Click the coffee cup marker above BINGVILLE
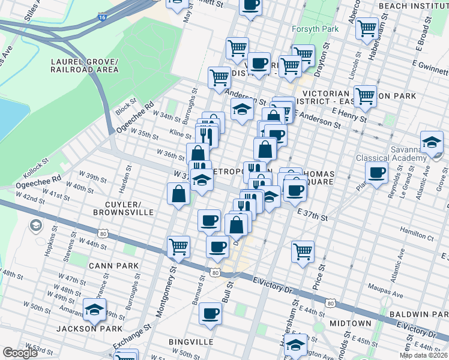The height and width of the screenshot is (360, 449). point(211,313)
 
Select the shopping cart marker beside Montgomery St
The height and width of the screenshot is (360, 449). point(178,246)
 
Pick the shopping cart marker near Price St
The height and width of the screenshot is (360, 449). point(303,251)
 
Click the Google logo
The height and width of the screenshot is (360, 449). point(20,353)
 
